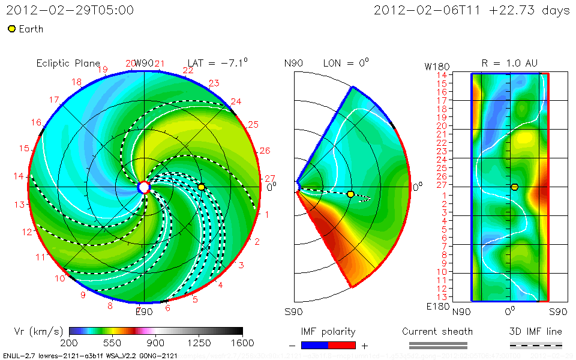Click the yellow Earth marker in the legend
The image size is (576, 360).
(x=11, y=29)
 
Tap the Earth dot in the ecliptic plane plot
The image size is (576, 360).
(x=202, y=187)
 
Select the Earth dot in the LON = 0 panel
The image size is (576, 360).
(x=350, y=194)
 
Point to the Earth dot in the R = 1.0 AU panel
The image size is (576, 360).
(x=514, y=187)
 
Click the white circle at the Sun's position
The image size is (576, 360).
(x=144, y=187)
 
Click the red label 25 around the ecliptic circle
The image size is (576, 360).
(x=253, y=125)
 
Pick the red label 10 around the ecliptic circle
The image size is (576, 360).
(x=60, y=278)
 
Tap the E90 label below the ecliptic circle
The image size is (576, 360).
(x=144, y=311)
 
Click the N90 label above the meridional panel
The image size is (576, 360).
(x=294, y=63)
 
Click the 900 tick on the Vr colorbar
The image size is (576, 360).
(x=156, y=343)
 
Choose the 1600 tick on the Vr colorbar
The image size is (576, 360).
(x=242, y=343)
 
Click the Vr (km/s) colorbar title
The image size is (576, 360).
(x=38, y=331)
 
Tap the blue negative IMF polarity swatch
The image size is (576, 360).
(x=314, y=345)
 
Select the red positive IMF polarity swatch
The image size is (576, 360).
(x=342, y=345)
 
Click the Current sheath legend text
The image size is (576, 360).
(x=437, y=331)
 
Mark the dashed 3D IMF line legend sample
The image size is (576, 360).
(x=536, y=345)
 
